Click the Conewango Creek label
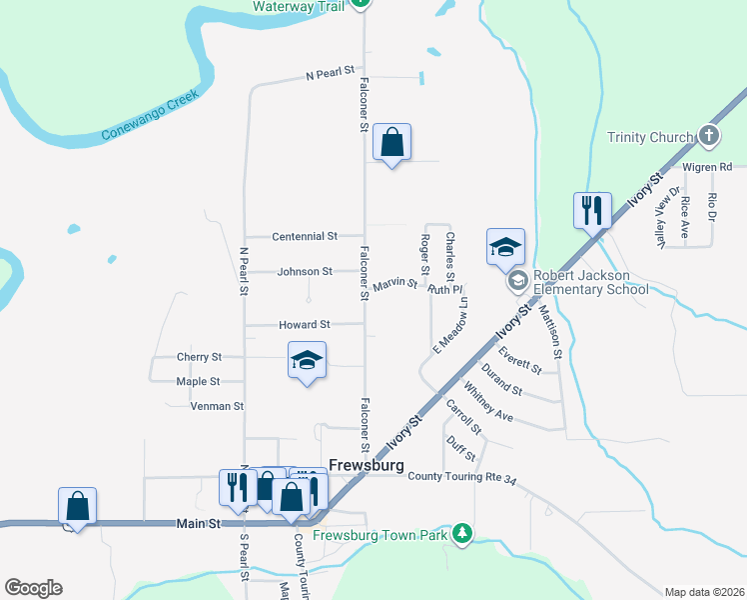(151, 116)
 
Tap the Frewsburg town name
(367, 466)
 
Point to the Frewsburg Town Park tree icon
(461, 534)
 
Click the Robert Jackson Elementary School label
(591, 283)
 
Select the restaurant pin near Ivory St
(591, 210)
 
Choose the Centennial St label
(305, 236)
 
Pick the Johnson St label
(305, 271)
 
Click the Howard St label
(305, 325)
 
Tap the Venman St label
(218, 406)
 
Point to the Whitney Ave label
(488, 402)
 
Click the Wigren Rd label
(708, 166)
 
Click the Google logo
(33, 588)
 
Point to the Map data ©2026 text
(704, 592)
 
